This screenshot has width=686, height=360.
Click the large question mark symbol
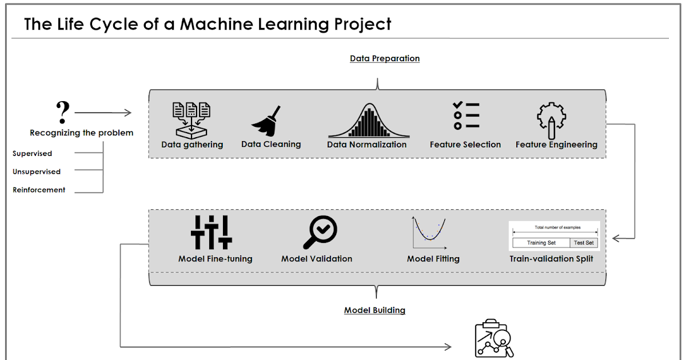pyautogui.click(x=63, y=113)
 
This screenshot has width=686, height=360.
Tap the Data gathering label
pyautogui.click(x=192, y=145)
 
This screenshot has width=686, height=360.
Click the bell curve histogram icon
pyautogui.click(x=368, y=121)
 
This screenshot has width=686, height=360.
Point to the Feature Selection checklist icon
pyautogui.click(x=465, y=116)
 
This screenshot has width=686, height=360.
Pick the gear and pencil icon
pyautogui.click(x=551, y=121)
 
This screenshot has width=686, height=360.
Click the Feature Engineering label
pyautogui.click(x=556, y=145)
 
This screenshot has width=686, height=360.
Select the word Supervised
pyautogui.click(x=33, y=154)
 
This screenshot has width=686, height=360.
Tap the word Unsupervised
pyautogui.click(x=37, y=171)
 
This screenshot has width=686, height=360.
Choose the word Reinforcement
pyautogui.click(x=39, y=190)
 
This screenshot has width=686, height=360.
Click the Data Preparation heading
pyautogui.click(x=385, y=58)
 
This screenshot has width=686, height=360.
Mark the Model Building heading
pyautogui.click(x=374, y=310)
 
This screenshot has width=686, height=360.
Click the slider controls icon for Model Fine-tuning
pyautogui.click(x=212, y=232)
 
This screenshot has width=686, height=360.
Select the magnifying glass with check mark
pyautogui.click(x=320, y=233)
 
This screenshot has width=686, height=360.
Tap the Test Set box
pyautogui.click(x=584, y=243)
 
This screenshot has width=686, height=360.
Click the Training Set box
pyautogui.click(x=541, y=243)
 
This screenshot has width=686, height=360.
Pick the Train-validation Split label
pyautogui.click(x=551, y=259)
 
